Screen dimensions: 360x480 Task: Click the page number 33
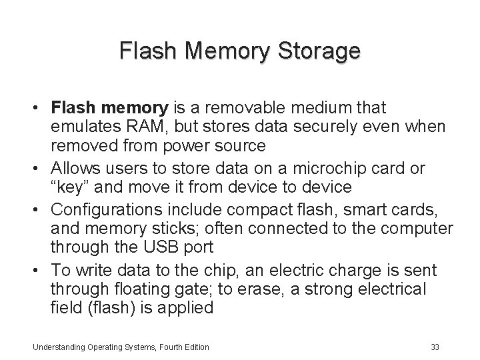click(435, 347)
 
